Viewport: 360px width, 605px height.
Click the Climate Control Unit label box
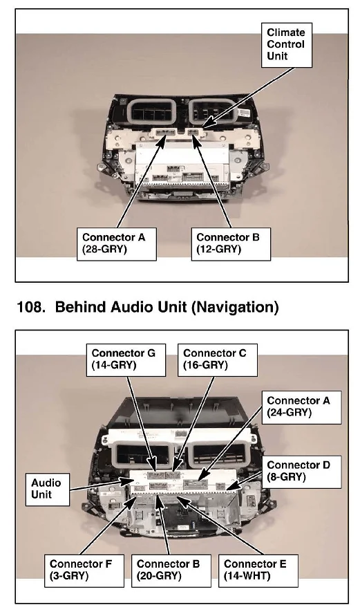click(x=286, y=45)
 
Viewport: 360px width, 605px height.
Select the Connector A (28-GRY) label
click(x=116, y=244)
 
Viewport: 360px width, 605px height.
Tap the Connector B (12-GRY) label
click(x=231, y=244)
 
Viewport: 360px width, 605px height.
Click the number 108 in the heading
click(x=29, y=307)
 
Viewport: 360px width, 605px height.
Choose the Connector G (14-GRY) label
click(x=126, y=360)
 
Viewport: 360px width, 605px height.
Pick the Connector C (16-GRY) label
click(x=218, y=360)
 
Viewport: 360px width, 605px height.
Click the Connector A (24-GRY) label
click(x=301, y=407)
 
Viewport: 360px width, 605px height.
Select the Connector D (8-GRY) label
click(x=301, y=472)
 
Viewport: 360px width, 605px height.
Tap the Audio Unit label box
click(x=48, y=490)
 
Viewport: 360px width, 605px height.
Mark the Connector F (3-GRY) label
click(x=84, y=570)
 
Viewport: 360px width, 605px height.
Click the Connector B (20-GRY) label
click(x=171, y=570)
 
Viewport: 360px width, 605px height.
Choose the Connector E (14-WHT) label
click(x=258, y=570)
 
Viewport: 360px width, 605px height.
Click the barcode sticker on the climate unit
click(x=244, y=113)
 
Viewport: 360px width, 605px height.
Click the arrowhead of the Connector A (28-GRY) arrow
click(x=161, y=140)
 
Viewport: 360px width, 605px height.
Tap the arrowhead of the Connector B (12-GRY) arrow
click(x=197, y=141)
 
